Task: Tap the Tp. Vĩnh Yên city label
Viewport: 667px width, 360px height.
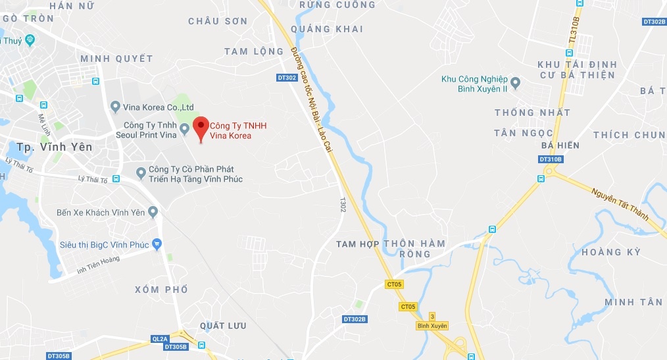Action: click(55, 147)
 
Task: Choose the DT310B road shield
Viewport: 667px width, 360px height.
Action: click(551, 159)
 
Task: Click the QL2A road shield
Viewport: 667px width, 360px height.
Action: click(160, 339)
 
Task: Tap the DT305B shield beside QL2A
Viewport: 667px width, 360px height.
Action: click(176, 347)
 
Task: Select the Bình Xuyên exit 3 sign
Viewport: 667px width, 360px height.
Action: click(432, 321)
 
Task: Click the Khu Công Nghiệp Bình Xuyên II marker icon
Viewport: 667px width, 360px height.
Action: click(515, 83)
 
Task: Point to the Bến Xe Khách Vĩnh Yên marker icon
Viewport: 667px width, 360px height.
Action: click(153, 212)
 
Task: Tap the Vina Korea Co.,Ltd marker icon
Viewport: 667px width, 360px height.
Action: click(115, 107)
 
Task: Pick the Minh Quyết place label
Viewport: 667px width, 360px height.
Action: click(116, 59)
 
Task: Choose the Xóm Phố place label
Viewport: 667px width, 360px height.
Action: click(161, 290)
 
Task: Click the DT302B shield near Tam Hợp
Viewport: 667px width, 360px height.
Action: click(355, 319)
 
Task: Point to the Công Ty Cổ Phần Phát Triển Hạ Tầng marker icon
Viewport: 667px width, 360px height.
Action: click(141, 172)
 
